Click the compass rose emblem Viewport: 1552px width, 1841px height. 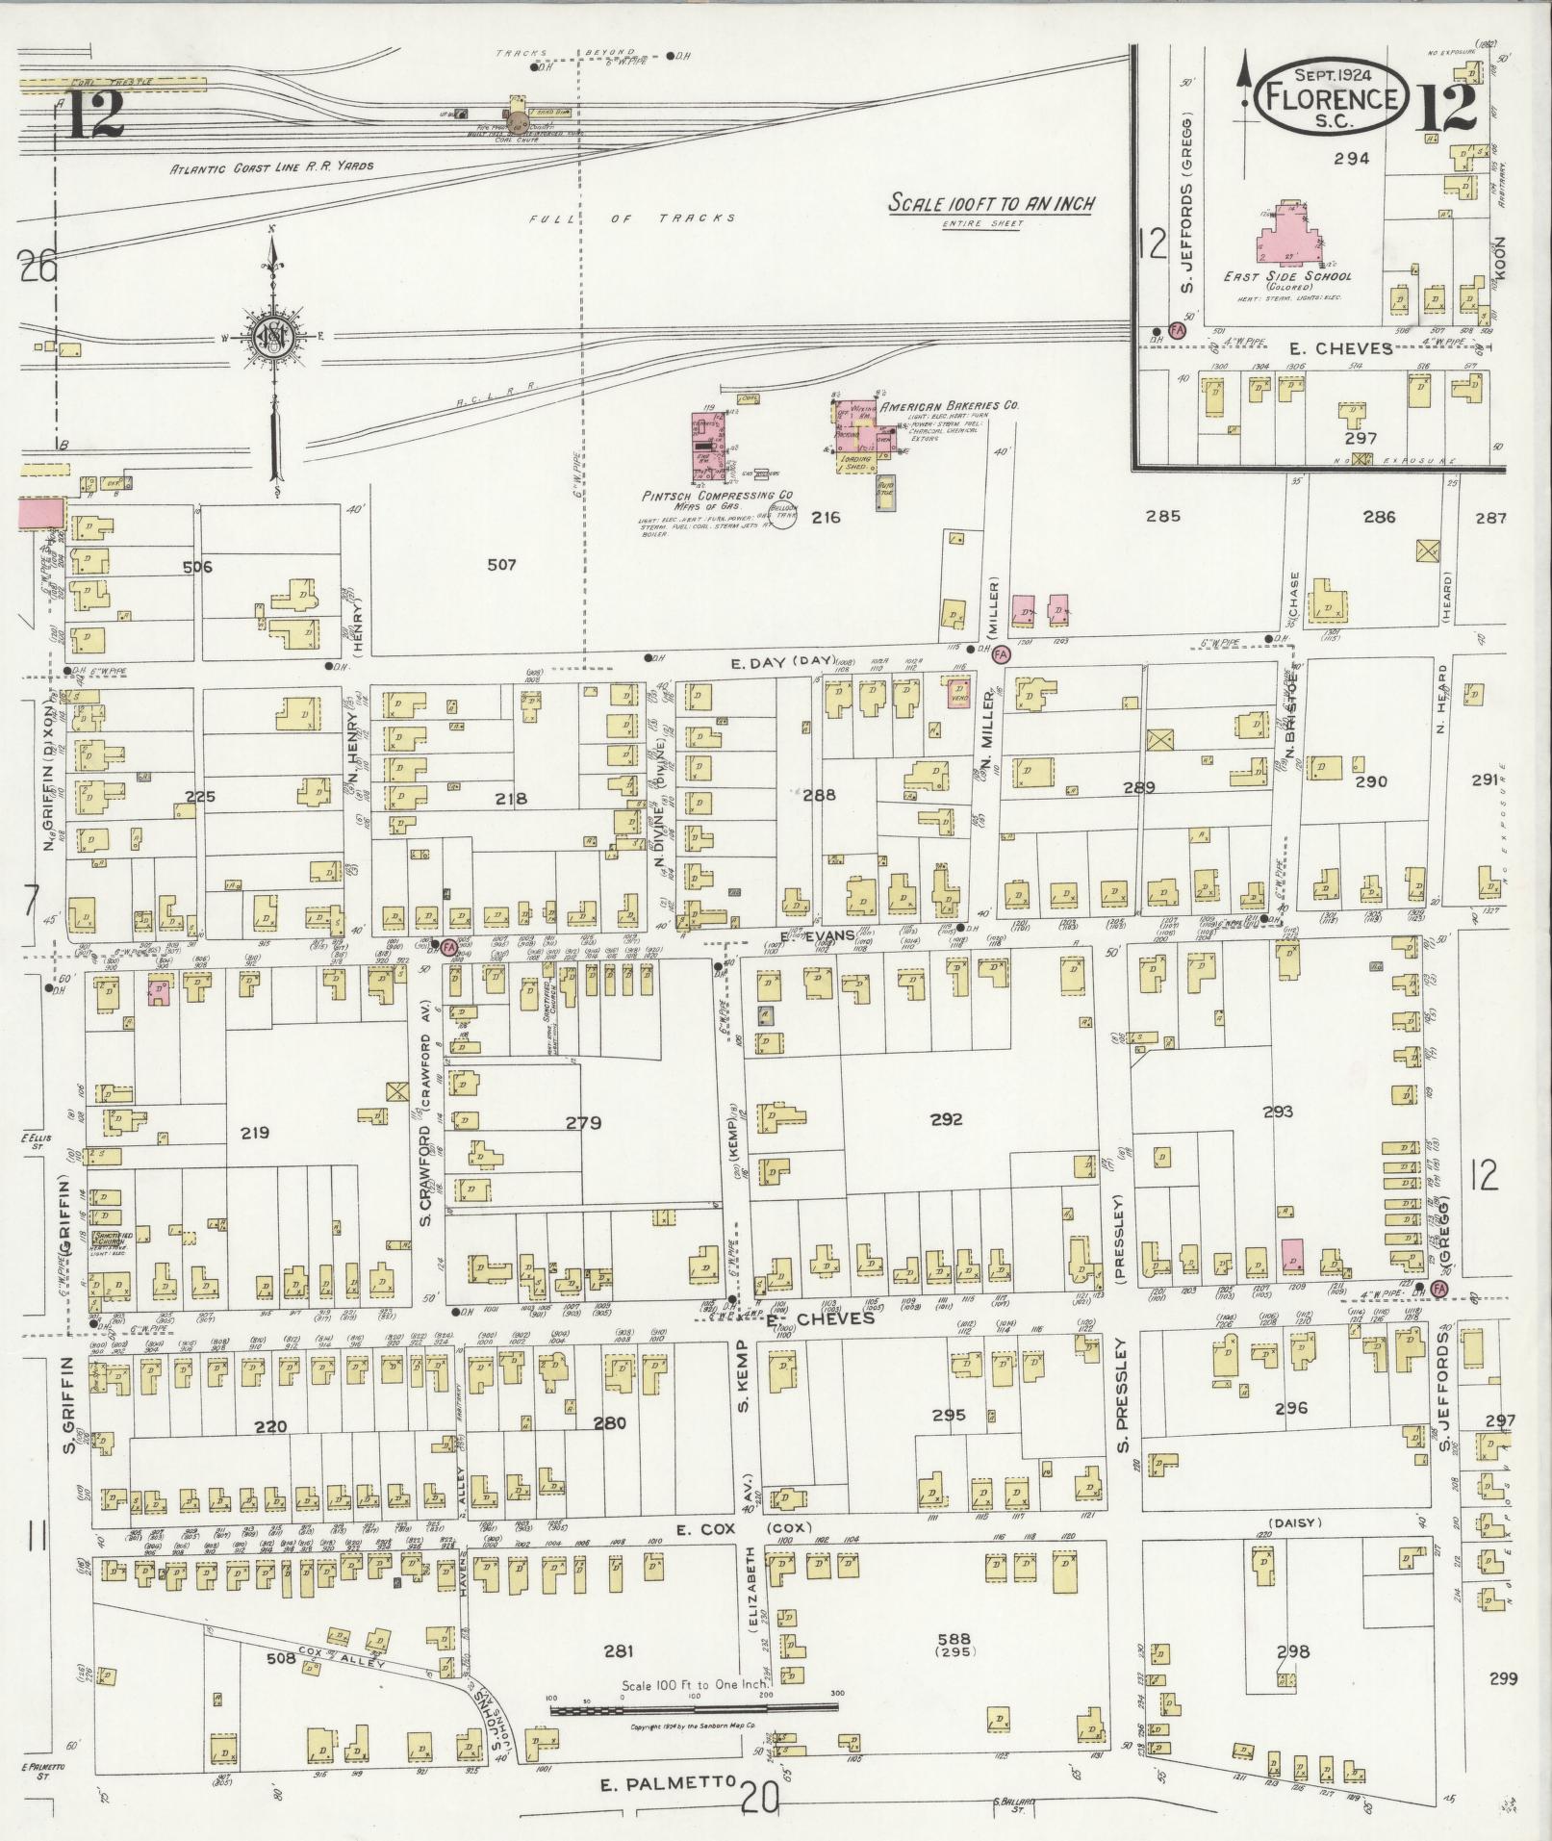274,336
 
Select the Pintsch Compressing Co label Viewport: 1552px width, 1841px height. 710,496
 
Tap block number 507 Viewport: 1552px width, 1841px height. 501,565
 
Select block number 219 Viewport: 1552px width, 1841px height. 255,1133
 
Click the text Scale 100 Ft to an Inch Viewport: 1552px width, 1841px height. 991,204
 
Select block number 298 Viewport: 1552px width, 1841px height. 1292,1652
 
